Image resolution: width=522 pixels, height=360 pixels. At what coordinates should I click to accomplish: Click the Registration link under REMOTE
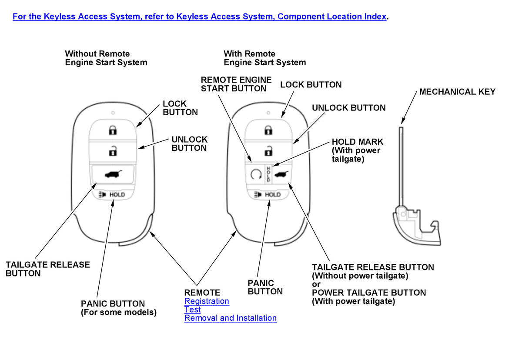(x=207, y=301)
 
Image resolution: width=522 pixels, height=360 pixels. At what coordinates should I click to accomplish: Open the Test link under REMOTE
(x=192, y=310)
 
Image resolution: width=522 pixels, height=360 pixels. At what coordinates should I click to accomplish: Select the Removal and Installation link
(x=230, y=318)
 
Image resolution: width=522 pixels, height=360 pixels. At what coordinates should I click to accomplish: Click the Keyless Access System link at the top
(x=199, y=17)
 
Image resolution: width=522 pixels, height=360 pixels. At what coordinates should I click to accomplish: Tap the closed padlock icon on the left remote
(x=113, y=130)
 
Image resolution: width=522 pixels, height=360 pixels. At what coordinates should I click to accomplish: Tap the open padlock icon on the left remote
(x=113, y=151)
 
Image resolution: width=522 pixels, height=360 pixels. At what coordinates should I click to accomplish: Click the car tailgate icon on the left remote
(x=113, y=175)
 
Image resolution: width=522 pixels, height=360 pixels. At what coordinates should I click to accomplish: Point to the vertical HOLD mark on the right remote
(x=269, y=174)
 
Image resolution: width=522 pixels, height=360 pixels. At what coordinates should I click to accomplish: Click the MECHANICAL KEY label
(x=457, y=92)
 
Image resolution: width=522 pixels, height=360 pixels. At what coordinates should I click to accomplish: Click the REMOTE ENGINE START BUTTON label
(x=236, y=84)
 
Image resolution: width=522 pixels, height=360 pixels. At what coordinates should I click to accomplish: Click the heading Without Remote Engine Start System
(x=106, y=58)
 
